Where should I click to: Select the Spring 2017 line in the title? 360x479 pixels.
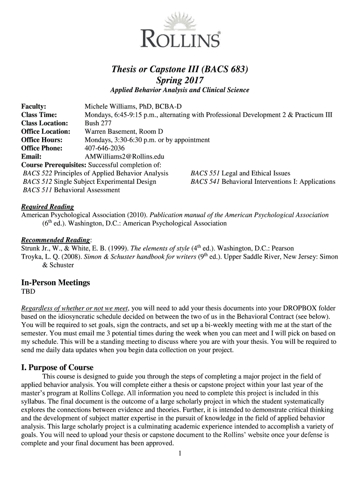(180, 80)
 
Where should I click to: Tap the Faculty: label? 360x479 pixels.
(34, 107)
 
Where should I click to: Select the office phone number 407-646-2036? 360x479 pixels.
(105, 148)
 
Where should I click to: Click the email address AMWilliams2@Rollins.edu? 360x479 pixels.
(124, 157)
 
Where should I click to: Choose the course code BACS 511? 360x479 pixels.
(38, 190)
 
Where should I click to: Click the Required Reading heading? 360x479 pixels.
(48, 207)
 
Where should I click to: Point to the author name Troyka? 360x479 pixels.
(32, 257)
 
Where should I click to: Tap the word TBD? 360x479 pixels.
(28, 292)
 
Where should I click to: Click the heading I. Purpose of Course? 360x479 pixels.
(58, 367)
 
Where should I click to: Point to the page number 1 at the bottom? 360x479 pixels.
(180, 453)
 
